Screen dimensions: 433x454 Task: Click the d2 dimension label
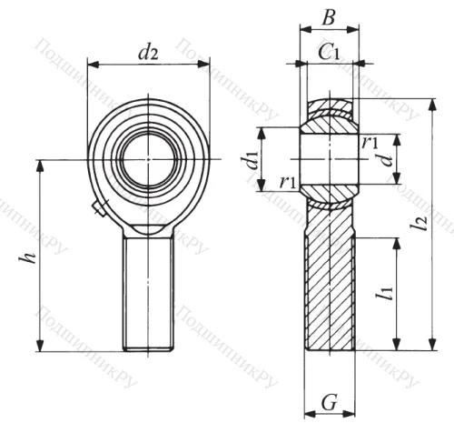[147, 53]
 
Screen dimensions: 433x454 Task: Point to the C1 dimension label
[329, 53]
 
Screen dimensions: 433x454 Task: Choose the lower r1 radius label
[289, 182]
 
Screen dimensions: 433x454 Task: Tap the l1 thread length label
[388, 292]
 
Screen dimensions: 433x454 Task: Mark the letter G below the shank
[329, 401]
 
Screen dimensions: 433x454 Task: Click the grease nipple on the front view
[99, 211]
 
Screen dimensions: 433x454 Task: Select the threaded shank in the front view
[148, 291]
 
